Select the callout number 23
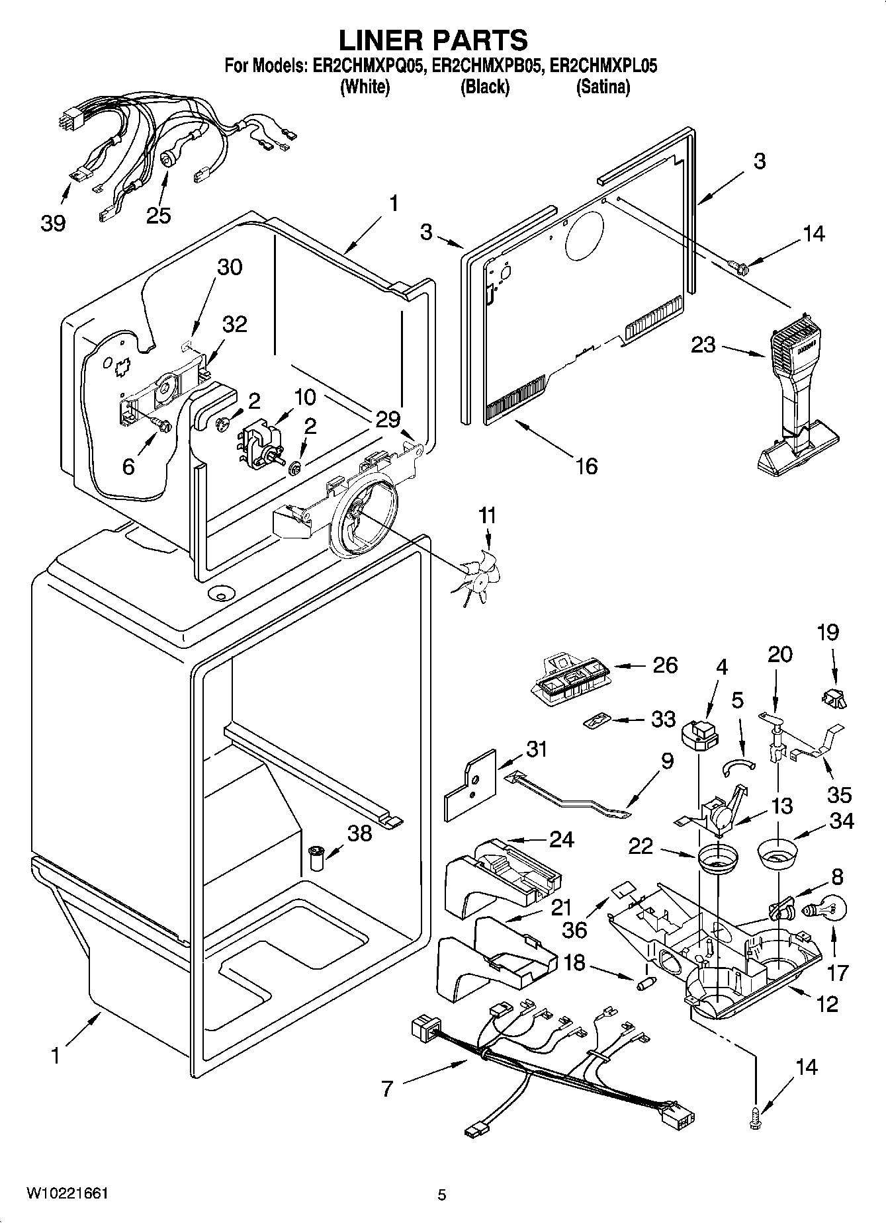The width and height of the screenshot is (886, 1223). coord(703,345)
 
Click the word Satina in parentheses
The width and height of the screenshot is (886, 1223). coord(602,87)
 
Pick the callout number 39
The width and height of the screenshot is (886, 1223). coord(53,223)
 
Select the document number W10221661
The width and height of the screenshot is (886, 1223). coord(67,1193)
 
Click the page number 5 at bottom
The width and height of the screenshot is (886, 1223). coord(442,1195)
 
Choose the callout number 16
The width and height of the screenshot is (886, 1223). coord(586,466)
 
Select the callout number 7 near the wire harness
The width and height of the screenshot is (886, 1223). coord(388,1087)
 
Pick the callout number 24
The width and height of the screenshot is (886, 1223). coord(561,839)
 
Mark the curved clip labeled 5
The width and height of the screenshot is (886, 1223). coord(737,765)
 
